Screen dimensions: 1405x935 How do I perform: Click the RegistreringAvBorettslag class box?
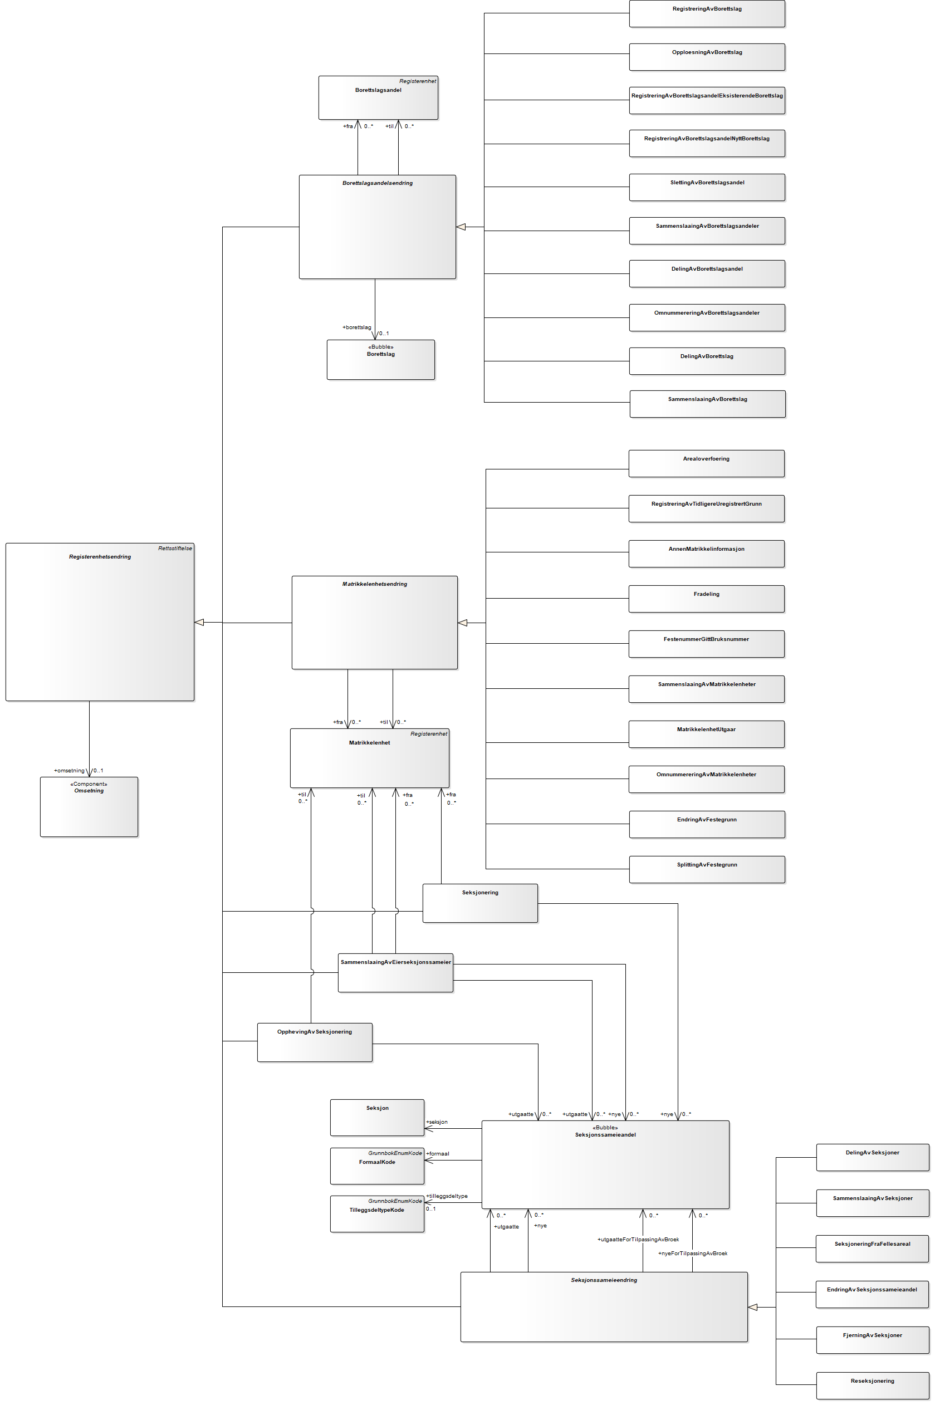(x=707, y=14)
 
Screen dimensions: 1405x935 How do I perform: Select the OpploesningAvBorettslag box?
(x=707, y=57)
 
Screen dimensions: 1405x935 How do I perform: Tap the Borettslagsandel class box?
(x=378, y=98)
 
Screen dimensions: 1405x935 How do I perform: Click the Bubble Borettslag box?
(x=380, y=360)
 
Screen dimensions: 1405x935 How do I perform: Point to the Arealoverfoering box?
(x=706, y=464)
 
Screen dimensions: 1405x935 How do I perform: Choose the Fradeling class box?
(x=706, y=599)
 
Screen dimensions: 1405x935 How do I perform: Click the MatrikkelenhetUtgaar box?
(x=706, y=734)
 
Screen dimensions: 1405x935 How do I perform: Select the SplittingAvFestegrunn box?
(x=707, y=869)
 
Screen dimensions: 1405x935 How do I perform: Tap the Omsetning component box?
(x=89, y=806)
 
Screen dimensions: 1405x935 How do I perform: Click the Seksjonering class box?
(x=480, y=903)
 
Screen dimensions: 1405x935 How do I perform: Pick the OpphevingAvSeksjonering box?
(x=314, y=1042)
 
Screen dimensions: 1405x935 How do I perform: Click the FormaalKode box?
(x=377, y=1166)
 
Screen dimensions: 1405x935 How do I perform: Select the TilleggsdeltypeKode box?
(x=377, y=1213)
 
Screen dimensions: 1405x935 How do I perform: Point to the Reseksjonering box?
(x=872, y=1386)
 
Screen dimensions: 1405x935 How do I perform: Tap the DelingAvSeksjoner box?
(x=872, y=1158)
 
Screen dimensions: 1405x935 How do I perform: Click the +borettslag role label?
(x=356, y=327)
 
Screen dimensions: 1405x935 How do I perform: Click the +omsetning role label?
(x=69, y=771)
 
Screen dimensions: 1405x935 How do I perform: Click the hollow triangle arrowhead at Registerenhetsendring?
(x=200, y=623)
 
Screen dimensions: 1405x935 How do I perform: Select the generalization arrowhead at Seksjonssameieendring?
(x=752, y=1307)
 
